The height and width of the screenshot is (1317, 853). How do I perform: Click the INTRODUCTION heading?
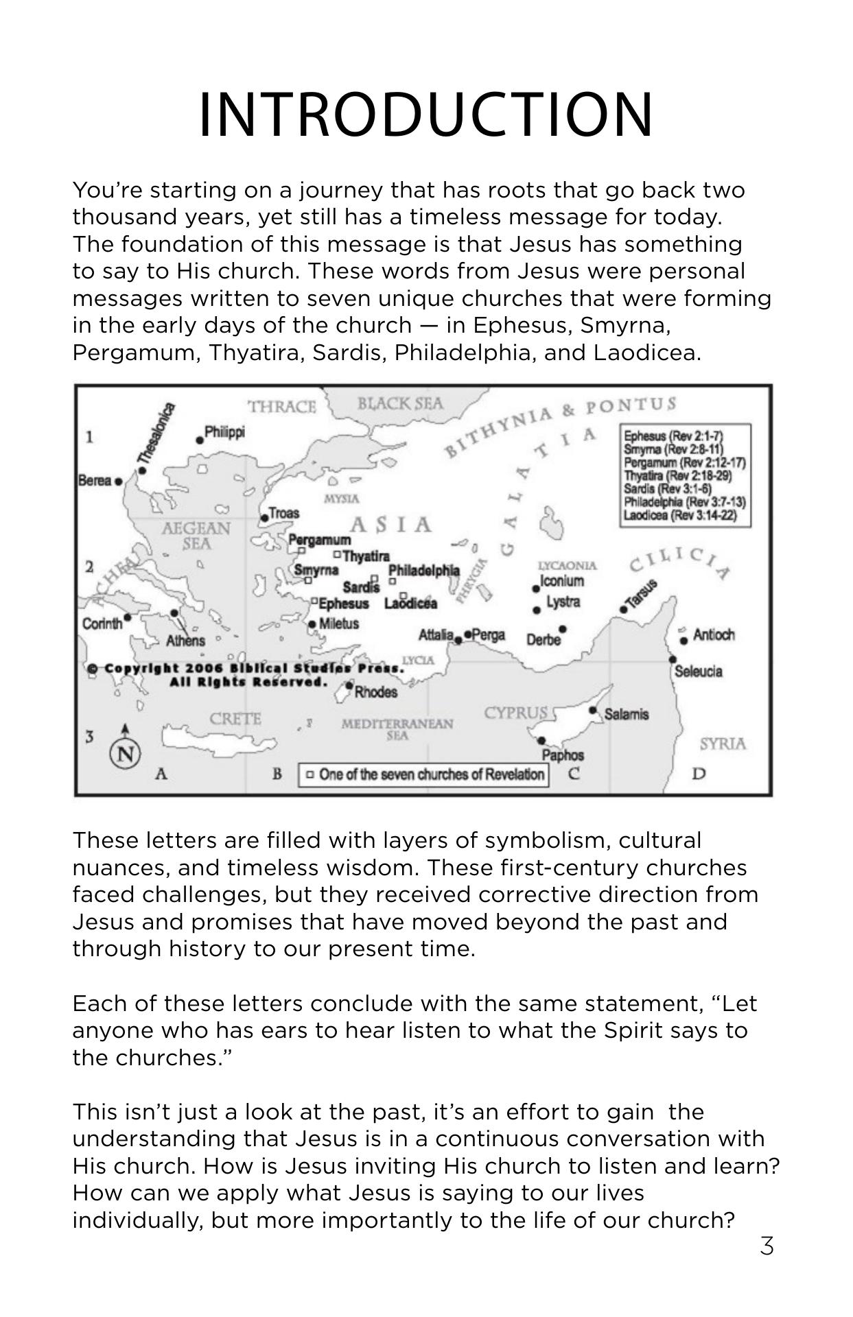click(426, 115)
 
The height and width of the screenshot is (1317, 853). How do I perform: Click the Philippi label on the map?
click(224, 432)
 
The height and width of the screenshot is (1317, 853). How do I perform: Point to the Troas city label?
click(283, 513)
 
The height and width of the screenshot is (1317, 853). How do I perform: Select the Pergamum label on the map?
click(319, 540)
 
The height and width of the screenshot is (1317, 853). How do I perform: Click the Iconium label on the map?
click(562, 581)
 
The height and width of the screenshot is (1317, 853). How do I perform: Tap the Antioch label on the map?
click(713, 634)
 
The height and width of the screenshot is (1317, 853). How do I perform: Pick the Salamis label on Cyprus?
click(626, 714)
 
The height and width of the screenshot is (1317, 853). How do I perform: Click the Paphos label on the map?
click(563, 755)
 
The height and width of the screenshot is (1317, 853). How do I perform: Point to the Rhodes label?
click(375, 691)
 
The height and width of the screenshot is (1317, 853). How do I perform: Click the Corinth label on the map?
click(102, 624)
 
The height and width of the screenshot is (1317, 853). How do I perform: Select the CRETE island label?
click(235, 719)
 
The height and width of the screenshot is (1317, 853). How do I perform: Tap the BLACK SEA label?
click(400, 403)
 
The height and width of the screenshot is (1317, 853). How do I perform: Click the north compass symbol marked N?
click(125, 754)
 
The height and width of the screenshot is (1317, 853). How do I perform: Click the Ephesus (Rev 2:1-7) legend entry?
click(673, 436)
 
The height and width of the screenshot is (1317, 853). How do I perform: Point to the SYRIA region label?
click(723, 744)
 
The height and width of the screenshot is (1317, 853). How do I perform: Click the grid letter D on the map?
click(699, 774)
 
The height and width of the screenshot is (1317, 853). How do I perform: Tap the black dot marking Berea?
click(119, 482)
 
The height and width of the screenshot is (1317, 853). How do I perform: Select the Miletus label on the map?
click(338, 624)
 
